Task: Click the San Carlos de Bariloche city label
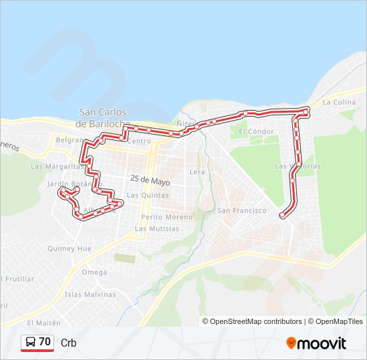(102, 118)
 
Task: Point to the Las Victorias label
(298, 166)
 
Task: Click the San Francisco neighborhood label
(242, 211)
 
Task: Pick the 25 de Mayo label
(150, 181)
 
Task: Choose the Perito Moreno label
(167, 217)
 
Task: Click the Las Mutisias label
(157, 229)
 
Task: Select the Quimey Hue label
(69, 248)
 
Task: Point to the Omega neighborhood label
(94, 272)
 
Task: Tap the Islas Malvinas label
(90, 294)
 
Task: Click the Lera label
(198, 171)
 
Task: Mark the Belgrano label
(69, 141)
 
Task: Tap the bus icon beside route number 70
(31, 343)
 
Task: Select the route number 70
(45, 342)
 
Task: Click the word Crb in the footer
(69, 343)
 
